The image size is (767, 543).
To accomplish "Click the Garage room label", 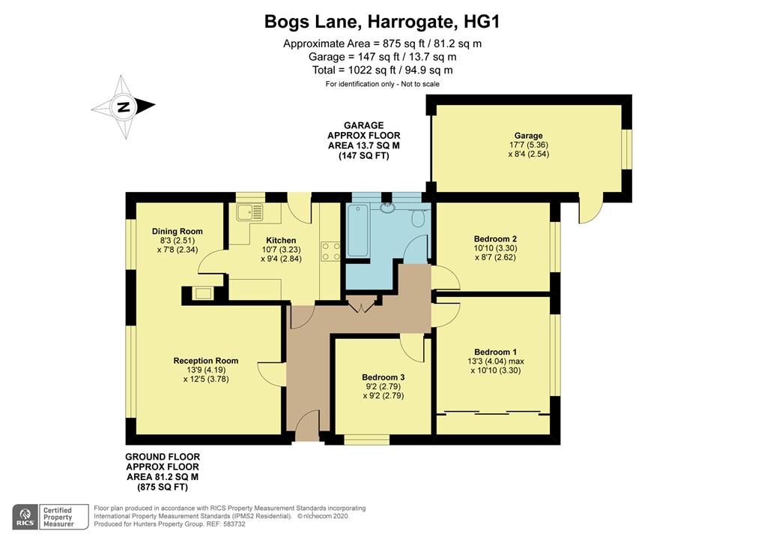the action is (x=528, y=136).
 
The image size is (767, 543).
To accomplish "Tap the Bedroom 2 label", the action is (x=495, y=239).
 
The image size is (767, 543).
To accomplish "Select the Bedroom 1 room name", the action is (x=495, y=352).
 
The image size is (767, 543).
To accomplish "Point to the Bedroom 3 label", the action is (x=383, y=377).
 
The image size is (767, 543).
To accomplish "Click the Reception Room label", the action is (x=205, y=361).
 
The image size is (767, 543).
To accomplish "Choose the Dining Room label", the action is (x=177, y=232).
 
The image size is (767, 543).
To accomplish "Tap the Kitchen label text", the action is (x=281, y=241).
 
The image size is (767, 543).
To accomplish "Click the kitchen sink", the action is (x=250, y=212).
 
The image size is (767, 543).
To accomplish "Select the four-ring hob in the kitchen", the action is (x=330, y=252).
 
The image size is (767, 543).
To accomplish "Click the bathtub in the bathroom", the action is (x=357, y=230).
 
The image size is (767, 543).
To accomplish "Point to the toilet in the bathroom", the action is (x=418, y=217).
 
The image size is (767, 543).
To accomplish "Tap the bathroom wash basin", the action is (x=388, y=208).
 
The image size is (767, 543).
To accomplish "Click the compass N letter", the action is (x=124, y=106).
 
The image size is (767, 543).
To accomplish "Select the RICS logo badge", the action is (x=26, y=517).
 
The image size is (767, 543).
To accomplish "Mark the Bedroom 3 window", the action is (x=367, y=439).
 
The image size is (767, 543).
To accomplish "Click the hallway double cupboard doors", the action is (x=362, y=304).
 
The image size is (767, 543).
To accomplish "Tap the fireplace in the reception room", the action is (x=203, y=293).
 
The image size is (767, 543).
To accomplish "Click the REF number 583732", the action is (x=234, y=524).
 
